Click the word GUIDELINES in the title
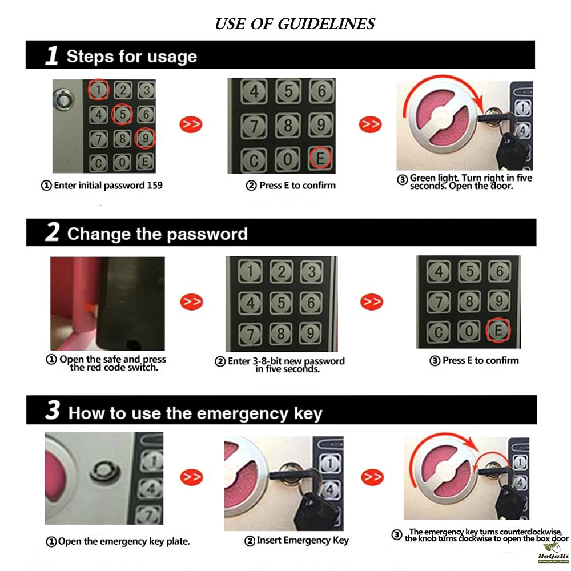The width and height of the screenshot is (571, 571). point(326,24)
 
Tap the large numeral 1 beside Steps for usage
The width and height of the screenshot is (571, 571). point(52,55)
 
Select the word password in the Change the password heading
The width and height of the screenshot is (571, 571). point(207,234)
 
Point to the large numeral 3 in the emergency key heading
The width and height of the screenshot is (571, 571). point(53,411)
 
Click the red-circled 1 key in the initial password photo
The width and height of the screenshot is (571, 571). point(99,90)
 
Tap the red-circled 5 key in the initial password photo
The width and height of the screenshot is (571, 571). point(122,114)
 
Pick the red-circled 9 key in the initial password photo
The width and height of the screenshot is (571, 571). point(145,138)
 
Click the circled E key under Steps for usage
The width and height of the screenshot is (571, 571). point(320,158)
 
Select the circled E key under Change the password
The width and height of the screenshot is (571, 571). point(498,330)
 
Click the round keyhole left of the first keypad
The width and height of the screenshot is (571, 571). point(64,100)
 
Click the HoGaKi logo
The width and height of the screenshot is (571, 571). point(553,553)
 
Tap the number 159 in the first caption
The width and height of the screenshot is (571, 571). point(154,186)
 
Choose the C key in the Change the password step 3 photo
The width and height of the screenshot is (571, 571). point(439,332)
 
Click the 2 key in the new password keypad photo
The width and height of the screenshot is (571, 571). point(281,272)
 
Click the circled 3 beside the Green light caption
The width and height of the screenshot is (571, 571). point(402,180)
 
